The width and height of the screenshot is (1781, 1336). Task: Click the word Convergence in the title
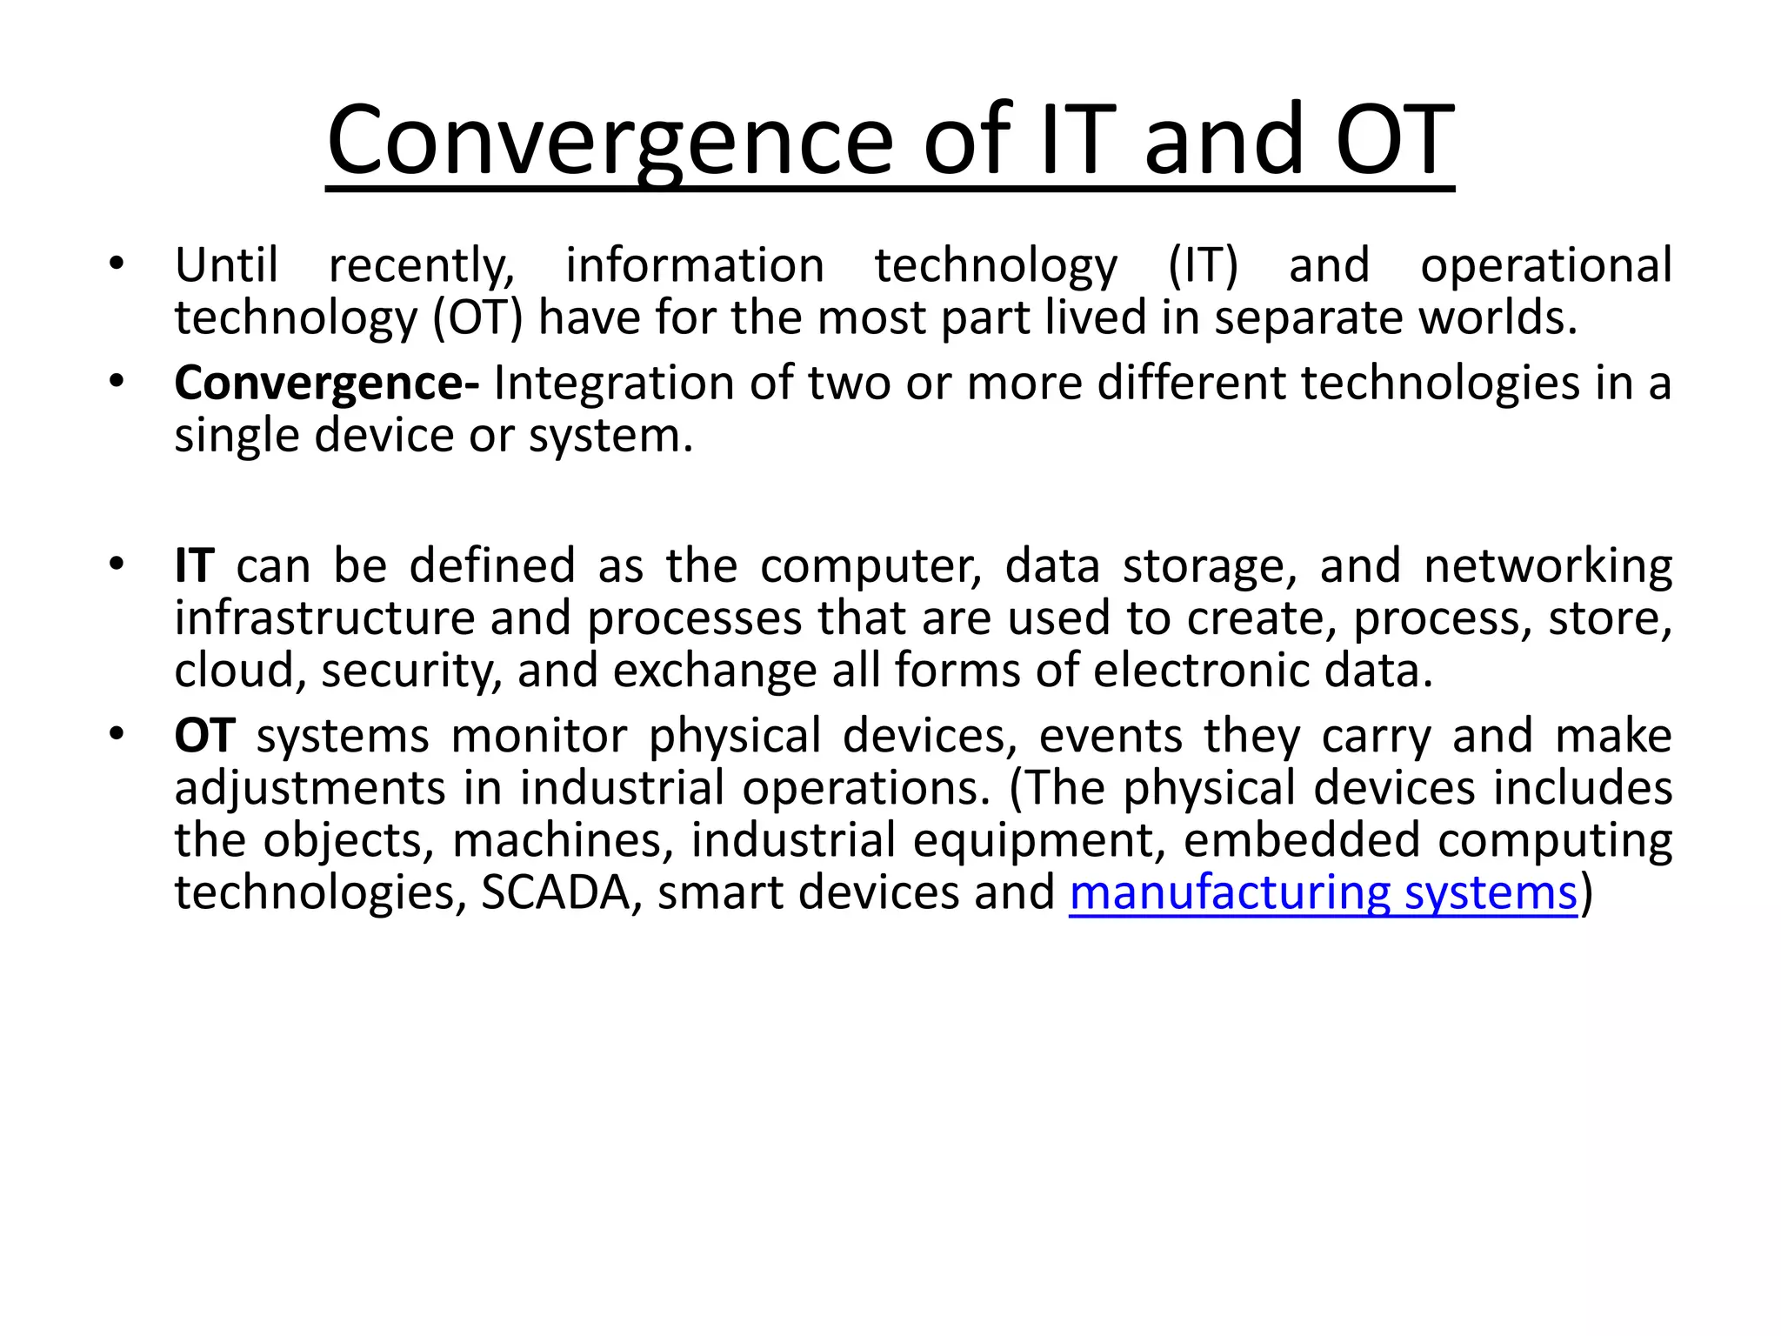pos(610,141)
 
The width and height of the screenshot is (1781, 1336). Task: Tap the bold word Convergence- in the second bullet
pos(326,384)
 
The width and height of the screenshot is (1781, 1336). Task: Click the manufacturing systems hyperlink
pos(1323,893)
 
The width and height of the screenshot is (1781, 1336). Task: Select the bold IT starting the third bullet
pos(194,566)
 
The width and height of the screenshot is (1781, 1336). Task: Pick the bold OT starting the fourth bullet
pos(204,736)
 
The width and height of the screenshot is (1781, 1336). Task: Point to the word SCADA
pos(555,893)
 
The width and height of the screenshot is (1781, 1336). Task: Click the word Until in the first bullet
pos(226,265)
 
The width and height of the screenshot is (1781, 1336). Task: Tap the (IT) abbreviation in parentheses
pos(1203,266)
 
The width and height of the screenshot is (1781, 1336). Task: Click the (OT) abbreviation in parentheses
pos(478,318)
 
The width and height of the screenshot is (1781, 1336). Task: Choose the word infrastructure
pos(324,618)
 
